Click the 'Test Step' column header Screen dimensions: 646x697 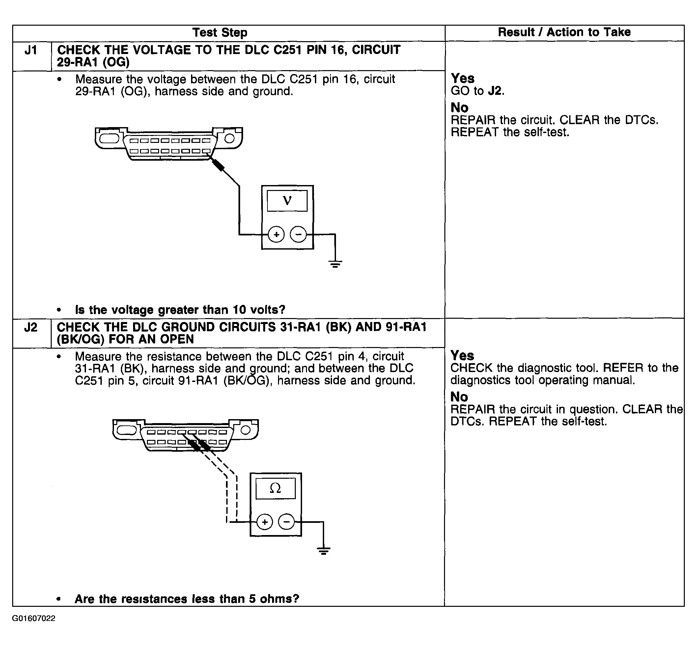click(220, 33)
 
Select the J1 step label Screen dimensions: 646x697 click(31, 51)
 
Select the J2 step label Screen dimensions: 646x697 click(31, 328)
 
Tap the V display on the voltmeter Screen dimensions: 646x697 click(287, 201)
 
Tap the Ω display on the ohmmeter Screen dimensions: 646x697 click(275, 488)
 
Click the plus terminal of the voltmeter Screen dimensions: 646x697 click(276, 234)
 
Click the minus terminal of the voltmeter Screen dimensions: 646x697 click(298, 234)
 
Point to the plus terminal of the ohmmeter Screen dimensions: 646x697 click(265, 522)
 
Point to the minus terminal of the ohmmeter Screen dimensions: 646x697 click(287, 522)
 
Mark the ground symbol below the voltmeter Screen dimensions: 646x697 click(335, 264)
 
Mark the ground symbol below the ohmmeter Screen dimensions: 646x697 click(323, 551)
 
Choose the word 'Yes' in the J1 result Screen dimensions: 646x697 click(462, 78)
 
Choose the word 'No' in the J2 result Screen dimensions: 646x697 click(459, 397)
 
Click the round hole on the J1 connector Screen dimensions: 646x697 click(229, 138)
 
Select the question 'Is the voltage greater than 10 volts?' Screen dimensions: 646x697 click(180, 310)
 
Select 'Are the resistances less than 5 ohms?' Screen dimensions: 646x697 click(187, 599)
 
